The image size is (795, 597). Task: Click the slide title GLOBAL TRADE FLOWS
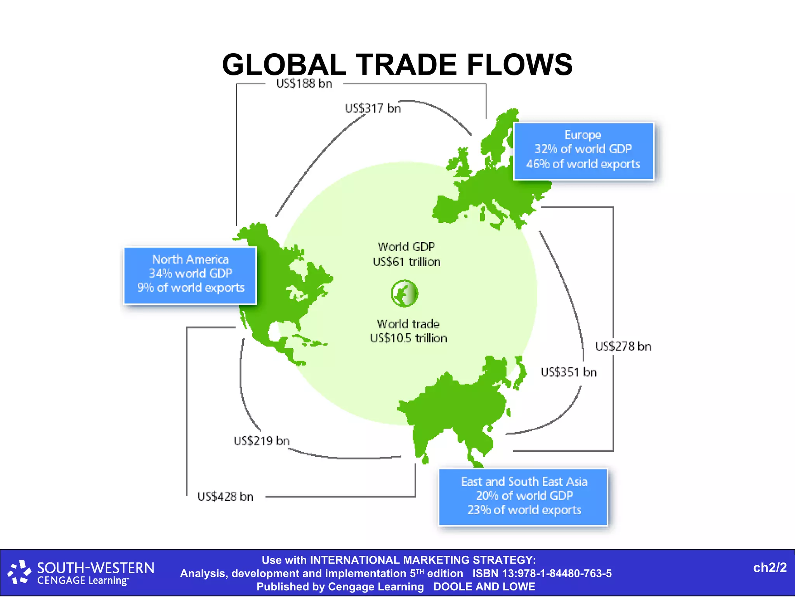(x=397, y=65)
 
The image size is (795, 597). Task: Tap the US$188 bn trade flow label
(x=304, y=84)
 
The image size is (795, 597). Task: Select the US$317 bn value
(x=373, y=108)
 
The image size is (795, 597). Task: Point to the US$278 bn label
(x=623, y=346)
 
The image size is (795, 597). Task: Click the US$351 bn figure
(x=568, y=372)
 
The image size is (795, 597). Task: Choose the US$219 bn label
(x=261, y=441)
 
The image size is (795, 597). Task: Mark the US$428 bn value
(x=225, y=496)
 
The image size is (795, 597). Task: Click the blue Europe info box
(x=583, y=151)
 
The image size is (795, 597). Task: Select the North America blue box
(x=190, y=275)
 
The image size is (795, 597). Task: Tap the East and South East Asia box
(x=523, y=496)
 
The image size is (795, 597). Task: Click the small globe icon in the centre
(x=404, y=293)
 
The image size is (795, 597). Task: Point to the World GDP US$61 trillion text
(x=406, y=254)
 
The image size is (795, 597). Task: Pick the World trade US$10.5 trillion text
(x=408, y=331)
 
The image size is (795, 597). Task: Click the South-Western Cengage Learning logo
(x=82, y=573)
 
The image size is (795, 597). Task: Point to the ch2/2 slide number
(x=769, y=568)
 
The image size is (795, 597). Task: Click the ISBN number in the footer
(x=542, y=573)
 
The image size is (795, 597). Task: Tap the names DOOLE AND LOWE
(x=484, y=587)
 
